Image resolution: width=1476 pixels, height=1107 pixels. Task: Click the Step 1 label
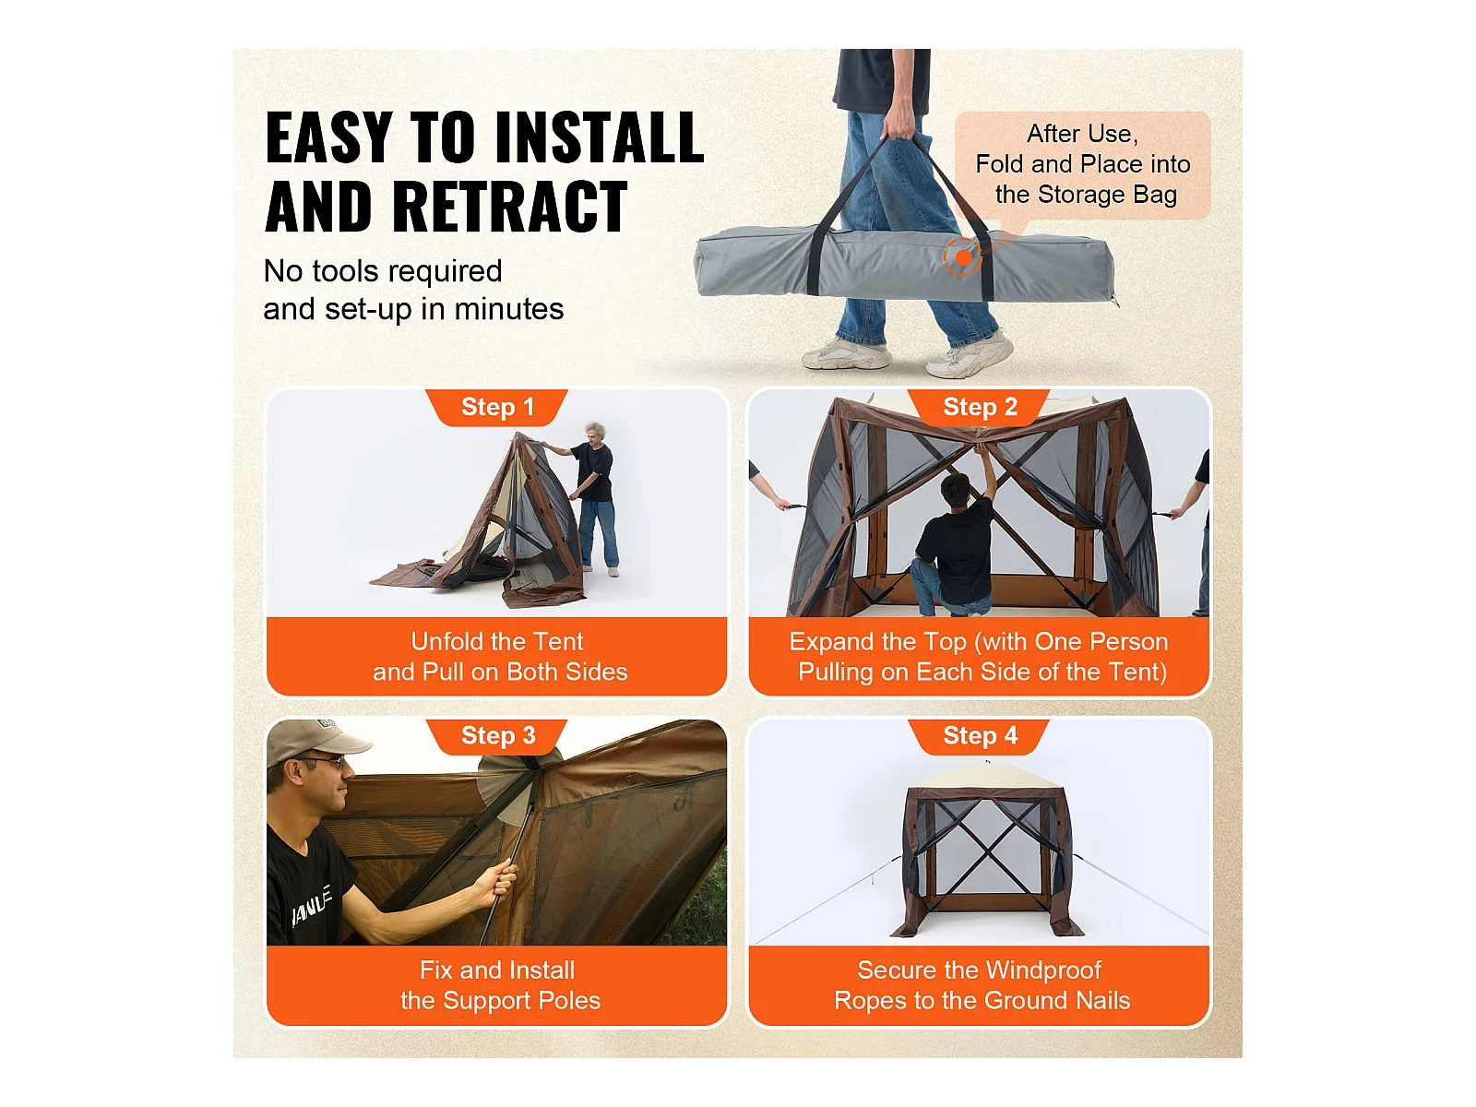(x=497, y=407)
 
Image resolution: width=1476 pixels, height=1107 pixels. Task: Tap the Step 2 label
(x=979, y=407)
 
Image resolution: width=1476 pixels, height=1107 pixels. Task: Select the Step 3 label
(x=497, y=735)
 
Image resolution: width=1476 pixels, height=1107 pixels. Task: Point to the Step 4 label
(x=980, y=735)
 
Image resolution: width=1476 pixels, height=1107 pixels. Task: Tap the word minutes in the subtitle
(x=508, y=309)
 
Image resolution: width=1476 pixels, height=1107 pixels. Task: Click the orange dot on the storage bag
(x=963, y=256)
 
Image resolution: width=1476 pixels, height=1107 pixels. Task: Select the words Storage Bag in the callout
(x=1108, y=195)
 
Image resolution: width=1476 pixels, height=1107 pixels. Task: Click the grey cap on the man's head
(x=316, y=742)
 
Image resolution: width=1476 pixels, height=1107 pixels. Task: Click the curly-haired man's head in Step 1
(x=596, y=433)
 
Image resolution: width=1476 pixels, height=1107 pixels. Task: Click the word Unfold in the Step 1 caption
(x=446, y=642)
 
